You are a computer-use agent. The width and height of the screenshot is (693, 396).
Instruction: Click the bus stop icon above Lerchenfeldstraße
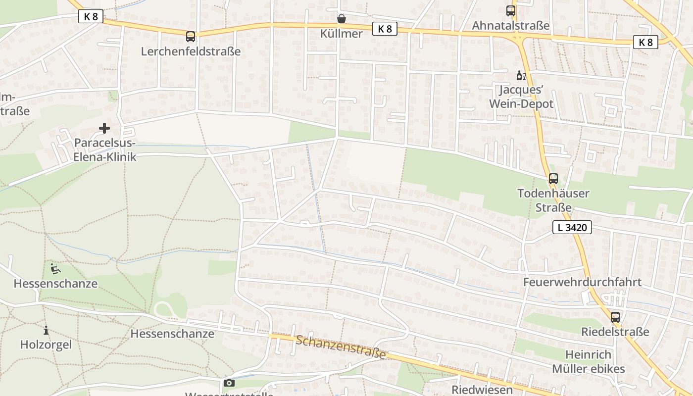pyautogui.click(x=191, y=36)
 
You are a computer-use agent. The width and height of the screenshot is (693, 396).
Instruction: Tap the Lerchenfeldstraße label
pyautogui.click(x=191, y=51)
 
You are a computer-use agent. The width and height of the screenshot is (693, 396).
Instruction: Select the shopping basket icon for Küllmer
pyautogui.click(x=342, y=19)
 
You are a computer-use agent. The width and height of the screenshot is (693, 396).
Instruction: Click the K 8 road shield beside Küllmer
pyautogui.click(x=385, y=29)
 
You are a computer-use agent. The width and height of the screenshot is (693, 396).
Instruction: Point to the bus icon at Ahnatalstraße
pyautogui.click(x=510, y=10)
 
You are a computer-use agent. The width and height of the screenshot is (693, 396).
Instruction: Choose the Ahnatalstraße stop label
pyautogui.click(x=510, y=25)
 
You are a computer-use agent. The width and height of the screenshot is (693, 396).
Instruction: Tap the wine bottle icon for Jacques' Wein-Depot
pyautogui.click(x=520, y=75)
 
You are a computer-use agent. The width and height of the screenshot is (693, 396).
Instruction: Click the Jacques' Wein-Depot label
pyautogui.click(x=521, y=97)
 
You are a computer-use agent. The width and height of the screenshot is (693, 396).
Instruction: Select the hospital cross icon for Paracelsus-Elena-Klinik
pyautogui.click(x=104, y=128)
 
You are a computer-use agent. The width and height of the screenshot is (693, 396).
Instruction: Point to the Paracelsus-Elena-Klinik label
pyautogui.click(x=104, y=150)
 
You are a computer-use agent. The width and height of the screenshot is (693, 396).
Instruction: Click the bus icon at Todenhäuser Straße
pyautogui.click(x=553, y=179)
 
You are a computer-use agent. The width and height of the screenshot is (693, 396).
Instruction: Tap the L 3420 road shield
pyautogui.click(x=572, y=228)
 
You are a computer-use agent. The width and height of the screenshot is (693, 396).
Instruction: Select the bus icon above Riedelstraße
pyautogui.click(x=615, y=317)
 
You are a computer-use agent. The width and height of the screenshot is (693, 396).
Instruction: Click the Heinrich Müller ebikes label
pyautogui.click(x=588, y=362)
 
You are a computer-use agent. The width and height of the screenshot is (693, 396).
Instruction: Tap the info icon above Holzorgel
pyautogui.click(x=46, y=330)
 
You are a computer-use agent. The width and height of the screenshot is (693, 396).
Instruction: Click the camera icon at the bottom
pyautogui.click(x=229, y=383)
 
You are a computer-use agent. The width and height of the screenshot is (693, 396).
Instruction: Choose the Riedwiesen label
pyautogui.click(x=482, y=390)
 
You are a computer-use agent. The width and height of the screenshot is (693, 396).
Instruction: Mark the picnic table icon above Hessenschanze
pyautogui.click(x=55, y=269)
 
